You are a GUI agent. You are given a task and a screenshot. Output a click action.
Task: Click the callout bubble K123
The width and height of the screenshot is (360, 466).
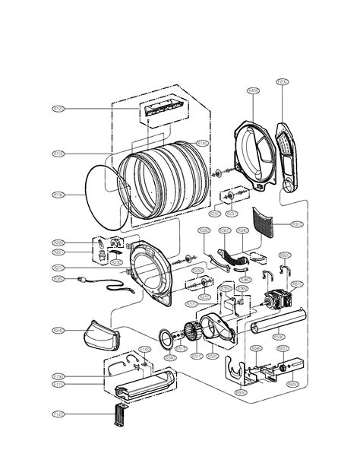click(x=58, y=109)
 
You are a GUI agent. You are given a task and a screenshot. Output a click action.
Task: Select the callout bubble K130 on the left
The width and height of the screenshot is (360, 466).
click(x=58, y=195)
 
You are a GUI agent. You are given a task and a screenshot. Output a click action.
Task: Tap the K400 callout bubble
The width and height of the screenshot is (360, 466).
click(x=254, y=90)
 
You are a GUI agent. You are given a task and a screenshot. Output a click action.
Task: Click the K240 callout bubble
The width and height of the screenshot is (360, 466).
click(x=58, y=330)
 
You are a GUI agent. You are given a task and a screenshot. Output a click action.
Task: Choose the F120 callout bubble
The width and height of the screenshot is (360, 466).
click(x=58, y=414)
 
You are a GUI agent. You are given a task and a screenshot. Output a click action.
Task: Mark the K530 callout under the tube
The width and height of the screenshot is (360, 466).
click(x=279, y=336)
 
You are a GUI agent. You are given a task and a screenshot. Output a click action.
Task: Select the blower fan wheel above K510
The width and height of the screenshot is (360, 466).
click(x=193, y=334)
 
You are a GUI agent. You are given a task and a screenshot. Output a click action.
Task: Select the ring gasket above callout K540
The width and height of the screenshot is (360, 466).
click(x=166, y=336)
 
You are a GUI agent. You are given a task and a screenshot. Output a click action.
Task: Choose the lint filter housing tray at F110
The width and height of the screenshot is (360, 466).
click(x=144, y=383)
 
